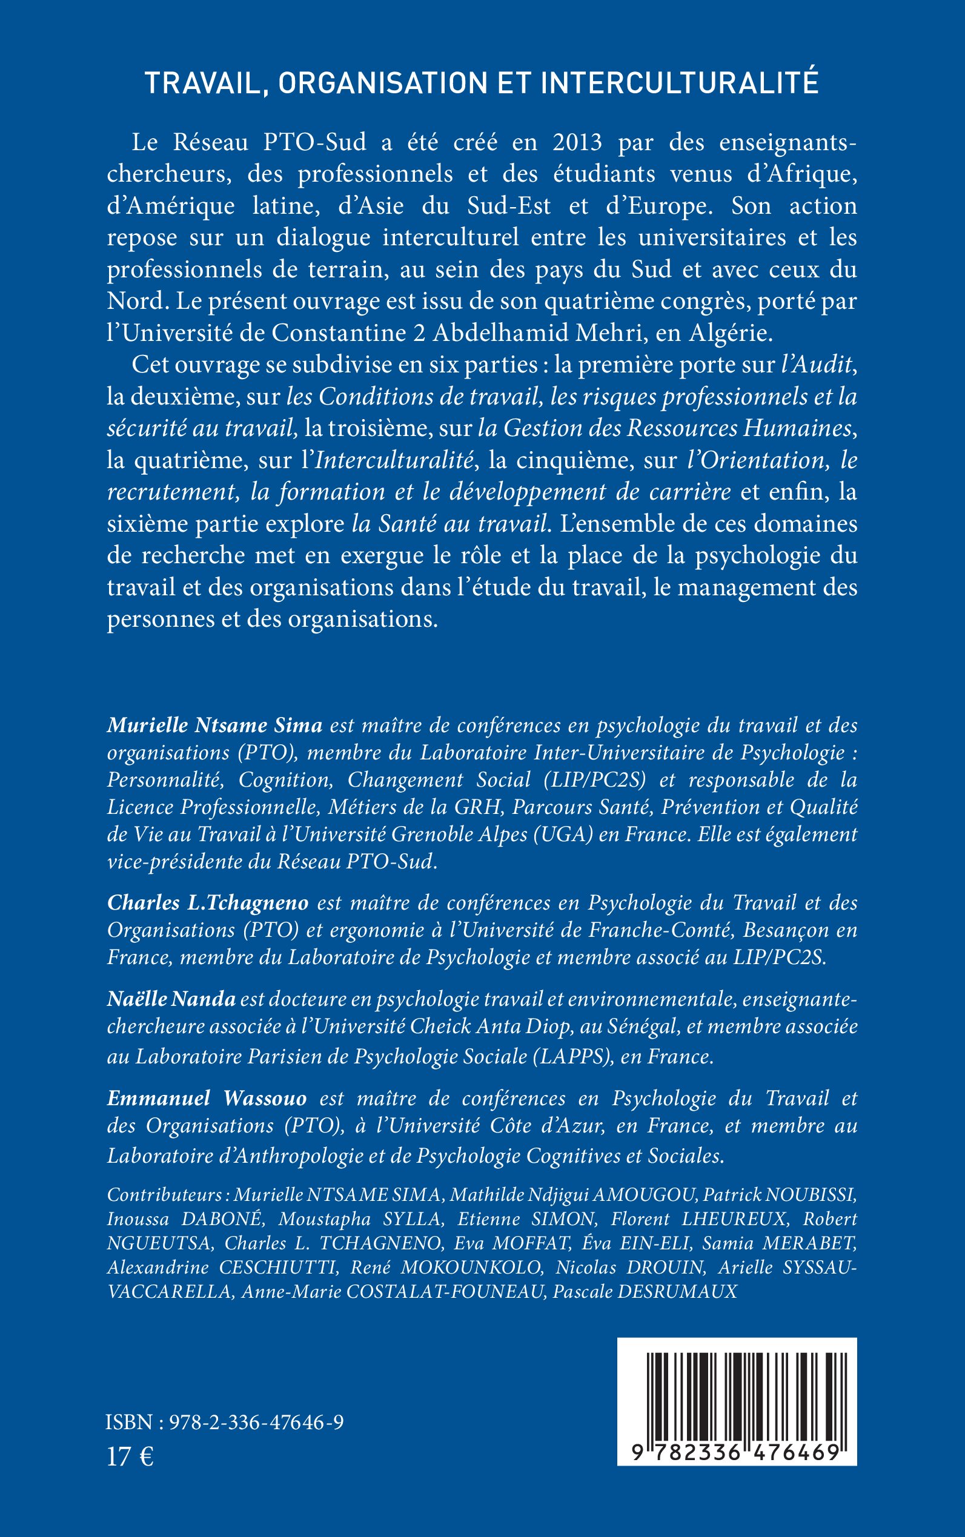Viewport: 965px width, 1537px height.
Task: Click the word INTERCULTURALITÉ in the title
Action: [x=680, y=83]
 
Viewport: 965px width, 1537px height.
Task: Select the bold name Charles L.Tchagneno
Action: [x=208, y=902]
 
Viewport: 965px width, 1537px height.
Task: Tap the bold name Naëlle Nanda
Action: [x=171, y=999]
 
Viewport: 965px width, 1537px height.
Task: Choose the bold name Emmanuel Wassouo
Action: [x=207, y=1098]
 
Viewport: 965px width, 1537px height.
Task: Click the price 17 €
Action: [x=130, y=1456]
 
